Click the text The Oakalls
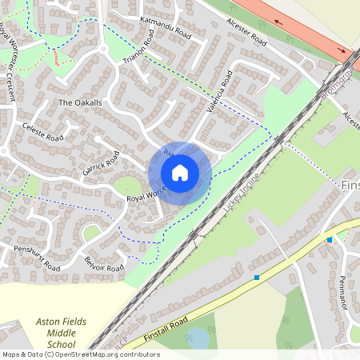[80, 103]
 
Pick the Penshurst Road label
[38, 258]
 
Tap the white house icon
[180, 173]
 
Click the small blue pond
[197, 338]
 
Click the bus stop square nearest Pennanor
[329, 240]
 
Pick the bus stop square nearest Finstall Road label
[257, 278]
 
